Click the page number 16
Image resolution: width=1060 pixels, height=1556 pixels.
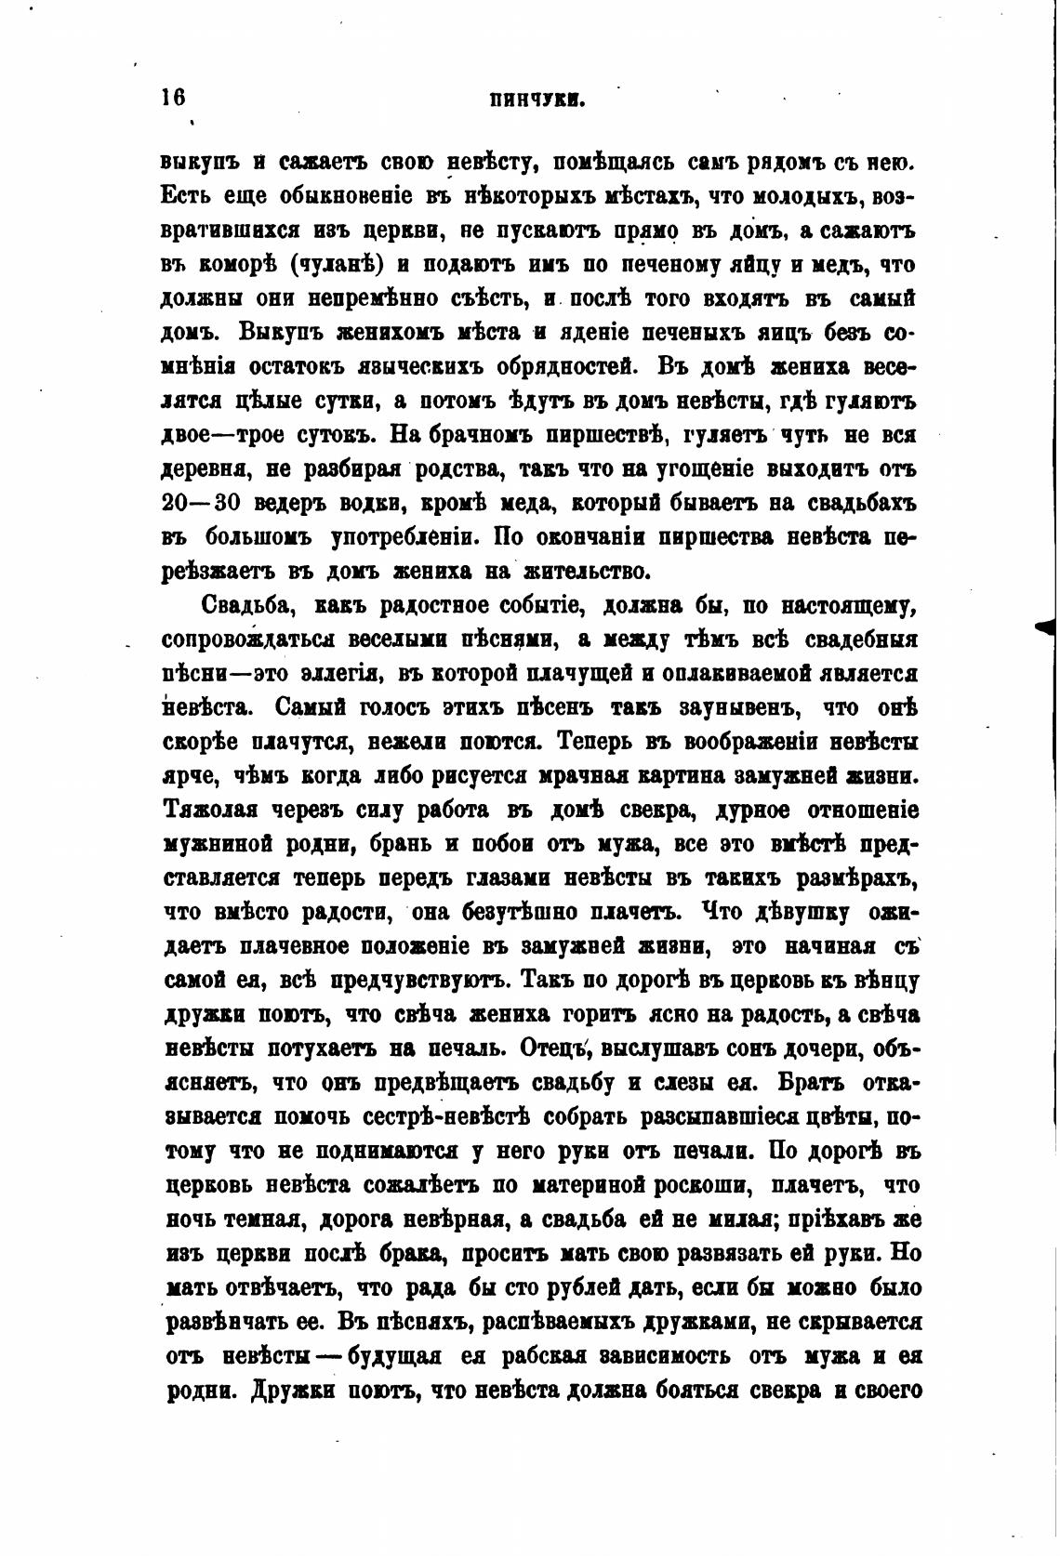pos(174,99)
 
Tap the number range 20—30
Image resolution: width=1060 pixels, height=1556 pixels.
pos(202,502)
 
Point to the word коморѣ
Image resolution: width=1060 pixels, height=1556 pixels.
pos(236,264)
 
